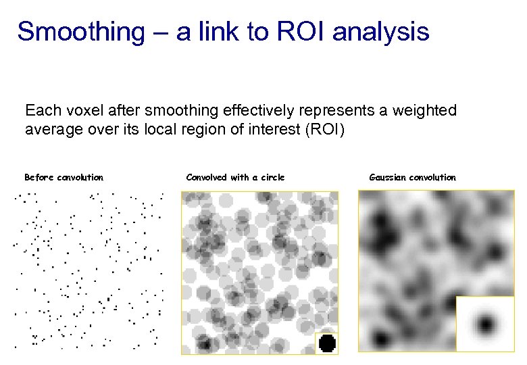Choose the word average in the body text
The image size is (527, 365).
pos(53,128)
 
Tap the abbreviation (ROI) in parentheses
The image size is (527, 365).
pos(323,128)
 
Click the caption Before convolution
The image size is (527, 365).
pos(64,178)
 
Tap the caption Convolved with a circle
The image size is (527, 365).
pos(235,178)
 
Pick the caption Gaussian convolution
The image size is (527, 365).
pos(412,178)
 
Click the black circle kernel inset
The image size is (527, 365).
pos(326,343)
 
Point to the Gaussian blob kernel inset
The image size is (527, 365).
pos(486,324)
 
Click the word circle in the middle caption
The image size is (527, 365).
pos(272,178)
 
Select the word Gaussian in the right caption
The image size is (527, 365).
pos(388,178)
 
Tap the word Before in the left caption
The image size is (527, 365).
pos(39,178)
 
